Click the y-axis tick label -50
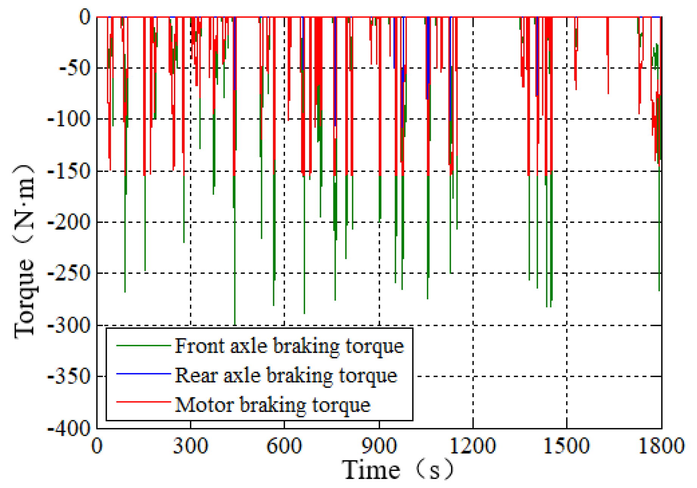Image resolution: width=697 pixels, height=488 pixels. coord(75,68)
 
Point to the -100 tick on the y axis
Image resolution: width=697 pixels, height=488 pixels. coord(70,119)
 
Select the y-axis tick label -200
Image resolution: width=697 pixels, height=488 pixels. coord(70,222)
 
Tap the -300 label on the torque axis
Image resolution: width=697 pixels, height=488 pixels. coord(70,325)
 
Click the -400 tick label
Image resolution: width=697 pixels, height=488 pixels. coord(70,429)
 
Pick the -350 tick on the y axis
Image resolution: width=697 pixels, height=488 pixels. coord(70,377)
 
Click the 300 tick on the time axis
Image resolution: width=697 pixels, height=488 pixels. coord(190,446)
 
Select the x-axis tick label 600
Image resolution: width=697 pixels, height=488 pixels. coord(284,446)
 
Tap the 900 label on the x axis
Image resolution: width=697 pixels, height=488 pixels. coord(379,446)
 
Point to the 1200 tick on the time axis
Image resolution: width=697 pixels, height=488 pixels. coord(473,446)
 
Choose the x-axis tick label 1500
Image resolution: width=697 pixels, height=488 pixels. coord(566,446)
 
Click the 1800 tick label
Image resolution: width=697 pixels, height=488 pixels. coord(661,446)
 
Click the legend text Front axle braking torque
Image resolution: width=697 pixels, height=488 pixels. coord(289,346)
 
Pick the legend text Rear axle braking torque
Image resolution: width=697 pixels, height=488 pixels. coord(286,375)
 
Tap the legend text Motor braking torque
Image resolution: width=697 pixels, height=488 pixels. coord(272,405)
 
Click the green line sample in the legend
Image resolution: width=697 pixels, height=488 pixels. coord(143,346)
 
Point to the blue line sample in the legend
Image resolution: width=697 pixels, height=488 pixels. coord(143,374)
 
